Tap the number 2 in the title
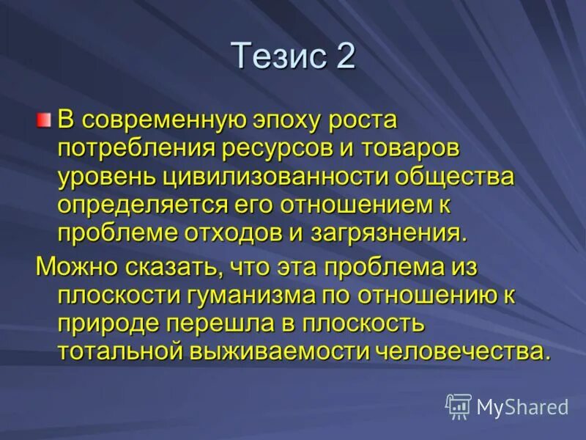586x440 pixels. pos(345,56)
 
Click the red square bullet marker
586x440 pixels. pos(45,118)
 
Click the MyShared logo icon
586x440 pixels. pos(459,406)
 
